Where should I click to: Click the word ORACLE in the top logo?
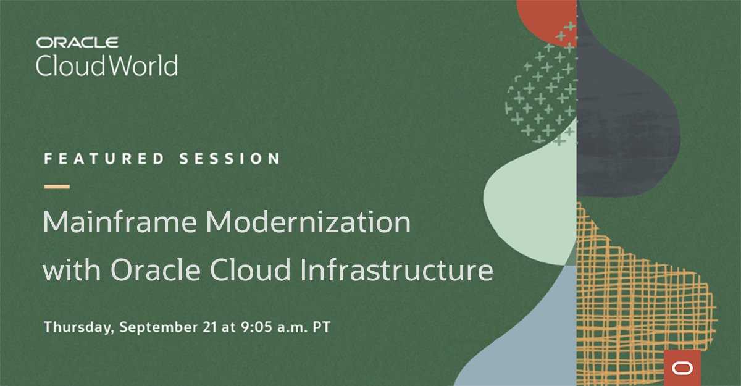(77, 43)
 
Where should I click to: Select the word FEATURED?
(104, 159)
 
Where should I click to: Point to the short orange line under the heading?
(56, 186)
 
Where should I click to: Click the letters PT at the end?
(321, 327)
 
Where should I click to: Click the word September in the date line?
(157, 327)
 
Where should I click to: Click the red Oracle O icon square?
(683, 367)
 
